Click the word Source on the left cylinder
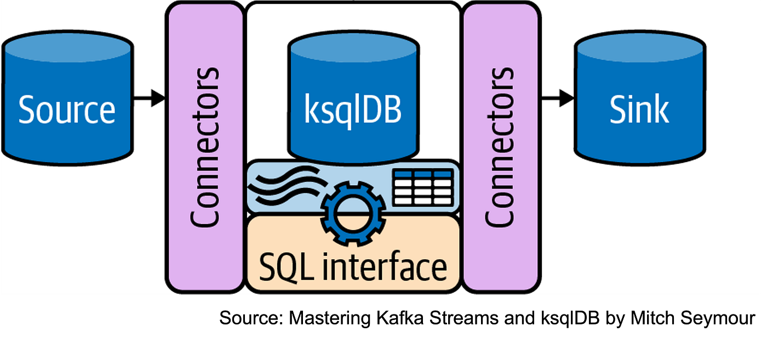[x=67, y=109]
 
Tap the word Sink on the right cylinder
[x=639, y=109]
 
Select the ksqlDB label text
[x=353, y=109]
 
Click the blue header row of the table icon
[x=423, y=175]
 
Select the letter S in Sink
[x=617, y=109]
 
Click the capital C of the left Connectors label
[x=205, y=216]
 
